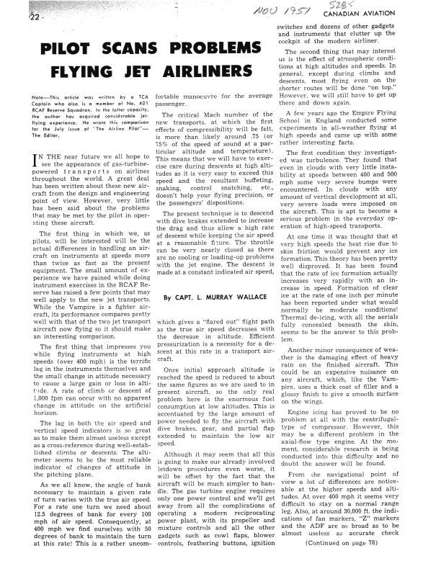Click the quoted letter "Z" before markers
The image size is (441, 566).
[x=373, y=525]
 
